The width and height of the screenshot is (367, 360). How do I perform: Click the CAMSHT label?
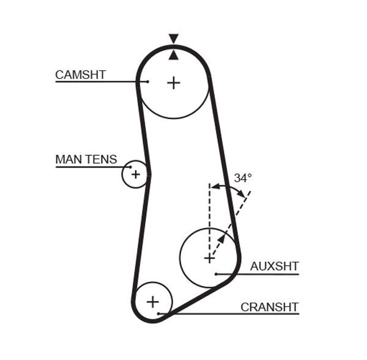(x=80, y=75)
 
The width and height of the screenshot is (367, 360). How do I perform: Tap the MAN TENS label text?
(x=86, y=160)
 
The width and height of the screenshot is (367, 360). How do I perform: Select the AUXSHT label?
(x=274, y=266)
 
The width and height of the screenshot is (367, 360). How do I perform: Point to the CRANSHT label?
(x=269, y=307)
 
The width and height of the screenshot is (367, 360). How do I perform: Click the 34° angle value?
(x=243, y=178)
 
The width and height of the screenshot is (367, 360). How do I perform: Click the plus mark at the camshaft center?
(x=174, y=82)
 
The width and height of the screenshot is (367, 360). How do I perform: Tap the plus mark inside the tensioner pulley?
(x=135, y=174)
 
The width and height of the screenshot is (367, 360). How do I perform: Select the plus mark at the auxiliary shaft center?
(x=209, y=258)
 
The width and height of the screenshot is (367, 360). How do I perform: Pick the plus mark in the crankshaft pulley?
(x=152, y=301)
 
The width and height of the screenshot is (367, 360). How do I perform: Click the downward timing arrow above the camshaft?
(x=174, y=39)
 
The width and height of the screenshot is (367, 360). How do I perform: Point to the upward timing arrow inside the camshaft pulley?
(x=174, y=55)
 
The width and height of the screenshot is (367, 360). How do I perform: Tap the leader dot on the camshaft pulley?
(x=147, y=81)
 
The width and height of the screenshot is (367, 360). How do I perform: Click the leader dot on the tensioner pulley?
(x=130, y=166)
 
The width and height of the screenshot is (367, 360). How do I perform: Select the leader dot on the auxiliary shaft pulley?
(x=216, y=274)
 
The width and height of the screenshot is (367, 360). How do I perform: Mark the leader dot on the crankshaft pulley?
(x=158, y=314)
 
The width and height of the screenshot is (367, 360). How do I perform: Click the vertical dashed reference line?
(x=209, y=214)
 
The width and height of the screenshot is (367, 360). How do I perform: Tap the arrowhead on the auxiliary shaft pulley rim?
(x=221, y=238)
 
